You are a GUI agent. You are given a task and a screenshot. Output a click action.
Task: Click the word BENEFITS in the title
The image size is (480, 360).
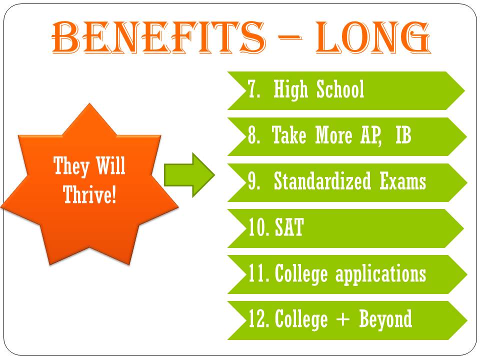158,37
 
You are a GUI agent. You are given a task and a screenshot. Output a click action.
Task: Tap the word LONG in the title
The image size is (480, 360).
373,37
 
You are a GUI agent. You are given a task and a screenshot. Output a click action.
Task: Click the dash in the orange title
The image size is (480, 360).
289,37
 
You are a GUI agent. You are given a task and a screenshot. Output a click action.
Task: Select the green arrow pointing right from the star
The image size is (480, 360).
189,175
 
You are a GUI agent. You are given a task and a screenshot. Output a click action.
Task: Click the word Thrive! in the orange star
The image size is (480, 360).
89,194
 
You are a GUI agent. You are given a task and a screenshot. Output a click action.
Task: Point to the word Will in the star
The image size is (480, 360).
111,165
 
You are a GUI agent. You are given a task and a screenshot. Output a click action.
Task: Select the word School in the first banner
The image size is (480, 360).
340,89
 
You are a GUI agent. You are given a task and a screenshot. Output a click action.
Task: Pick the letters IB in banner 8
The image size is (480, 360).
403,134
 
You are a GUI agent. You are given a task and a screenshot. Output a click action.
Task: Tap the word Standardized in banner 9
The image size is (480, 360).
322,180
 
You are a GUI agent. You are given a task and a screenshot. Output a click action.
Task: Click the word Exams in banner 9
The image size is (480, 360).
403,181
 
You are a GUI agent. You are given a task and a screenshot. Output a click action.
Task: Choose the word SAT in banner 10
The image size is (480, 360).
289,227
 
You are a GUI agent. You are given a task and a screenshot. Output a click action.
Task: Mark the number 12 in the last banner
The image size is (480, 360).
259,319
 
